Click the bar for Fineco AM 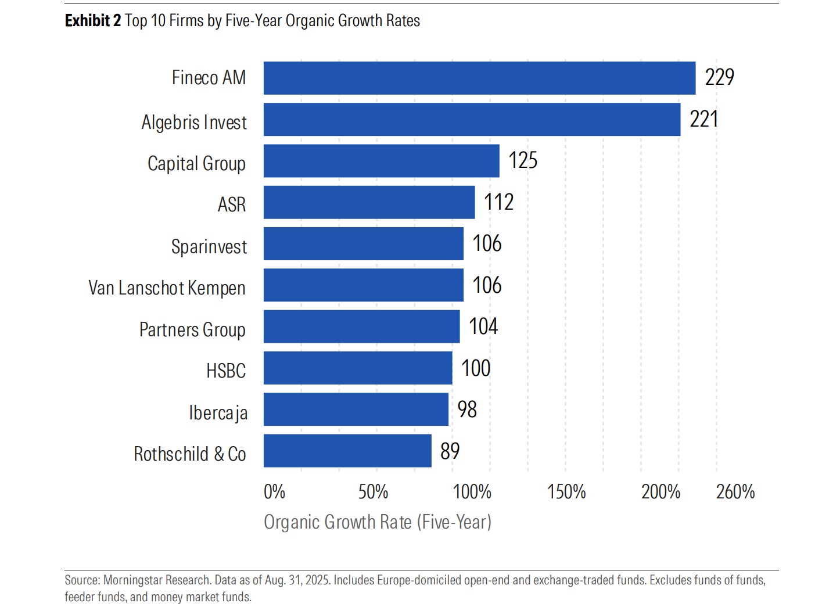479,78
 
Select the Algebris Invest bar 472,120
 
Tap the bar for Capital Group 381,161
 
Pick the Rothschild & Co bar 347,451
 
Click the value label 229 719,77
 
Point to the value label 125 523,160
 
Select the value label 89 450,451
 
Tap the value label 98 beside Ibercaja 467,410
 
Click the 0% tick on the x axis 274,492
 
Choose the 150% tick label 566,492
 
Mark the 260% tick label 735,492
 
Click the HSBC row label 226,371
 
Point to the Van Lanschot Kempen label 167,288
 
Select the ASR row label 232,204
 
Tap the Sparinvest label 209,247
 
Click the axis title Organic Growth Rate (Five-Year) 378,522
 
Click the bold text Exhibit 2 93,21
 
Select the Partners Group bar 361,326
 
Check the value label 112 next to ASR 498,202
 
